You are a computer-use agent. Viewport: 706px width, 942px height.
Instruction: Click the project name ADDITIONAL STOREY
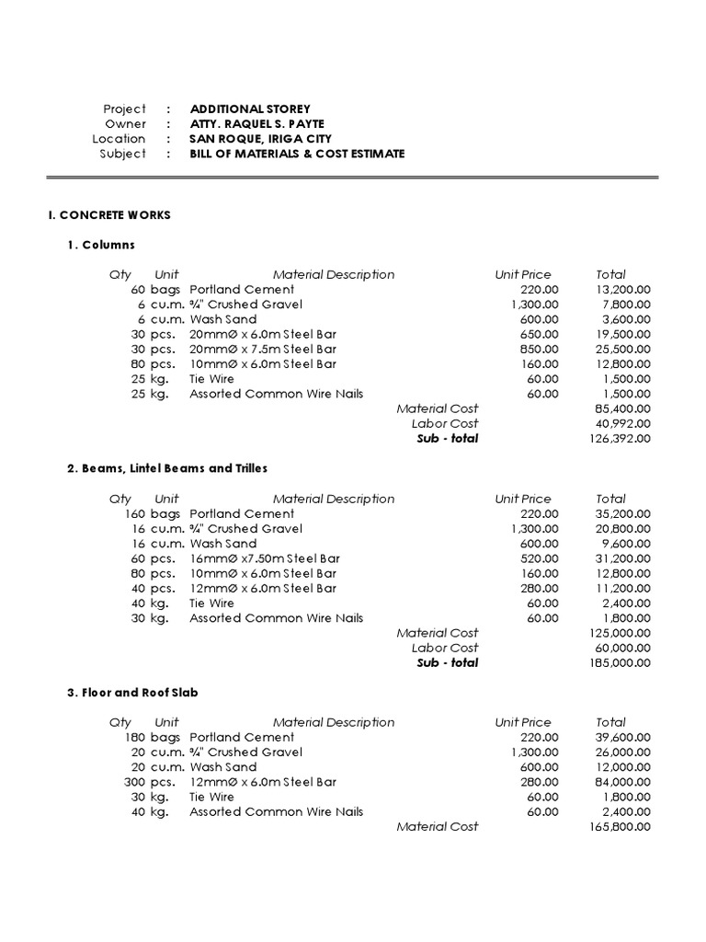pos(250,109)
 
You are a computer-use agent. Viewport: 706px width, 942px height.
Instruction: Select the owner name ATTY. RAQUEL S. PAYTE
pos(256,124)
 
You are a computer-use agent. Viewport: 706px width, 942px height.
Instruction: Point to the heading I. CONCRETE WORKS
pos(109,215)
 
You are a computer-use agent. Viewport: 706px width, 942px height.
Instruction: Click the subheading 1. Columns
pos(101,245)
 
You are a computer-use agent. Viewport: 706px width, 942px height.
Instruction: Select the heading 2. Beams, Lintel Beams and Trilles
pos(167,468)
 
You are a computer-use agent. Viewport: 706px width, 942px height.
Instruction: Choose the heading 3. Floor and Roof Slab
pos(132,693)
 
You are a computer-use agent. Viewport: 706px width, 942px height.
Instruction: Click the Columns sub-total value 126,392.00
pos(620,439)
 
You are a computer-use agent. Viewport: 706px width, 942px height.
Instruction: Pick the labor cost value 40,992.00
pos(622,423)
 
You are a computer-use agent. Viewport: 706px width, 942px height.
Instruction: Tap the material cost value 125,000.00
pos(620,633)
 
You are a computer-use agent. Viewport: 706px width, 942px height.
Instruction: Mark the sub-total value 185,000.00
pos(620,662)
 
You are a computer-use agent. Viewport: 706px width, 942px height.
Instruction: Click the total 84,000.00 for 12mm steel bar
pos(622,782)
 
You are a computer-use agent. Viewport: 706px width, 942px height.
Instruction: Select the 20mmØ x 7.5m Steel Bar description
pos(263,350)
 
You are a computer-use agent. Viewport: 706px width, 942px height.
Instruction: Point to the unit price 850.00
pos(539,350)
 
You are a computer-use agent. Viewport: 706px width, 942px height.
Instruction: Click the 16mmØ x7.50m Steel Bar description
pos(265,558)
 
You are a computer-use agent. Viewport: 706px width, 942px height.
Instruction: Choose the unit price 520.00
pos(539,558)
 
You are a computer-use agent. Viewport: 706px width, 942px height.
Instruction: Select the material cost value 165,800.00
pos(620,827)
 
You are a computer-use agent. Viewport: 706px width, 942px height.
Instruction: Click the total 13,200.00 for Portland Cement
pos(622,290)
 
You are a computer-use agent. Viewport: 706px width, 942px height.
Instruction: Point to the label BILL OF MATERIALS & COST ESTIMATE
pos(297,154)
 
